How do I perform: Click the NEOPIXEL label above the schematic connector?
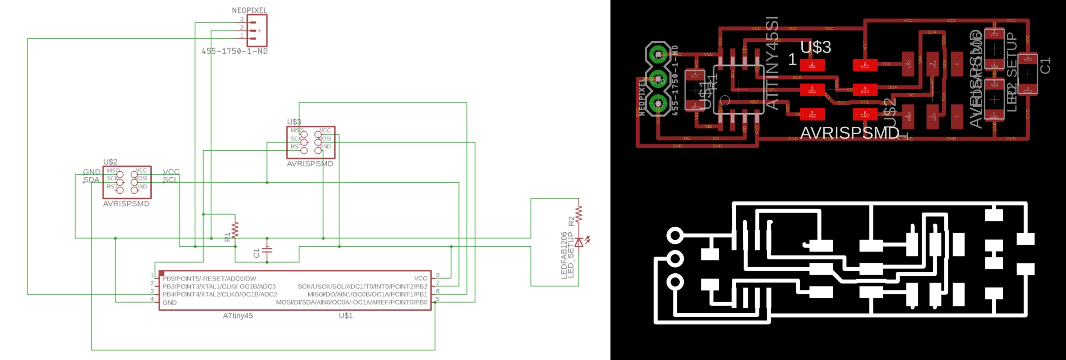pyautogui.click(x=249, y=10)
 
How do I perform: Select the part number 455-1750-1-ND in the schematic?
pyautogui.click(x=234, y=51)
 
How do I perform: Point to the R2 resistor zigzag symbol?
pyautogui.click(x=578, y=214)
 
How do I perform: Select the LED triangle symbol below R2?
pyautogui.click(x=579, y=242)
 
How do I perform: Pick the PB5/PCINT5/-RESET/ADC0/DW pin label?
pyautogui.click(x=209, y=279)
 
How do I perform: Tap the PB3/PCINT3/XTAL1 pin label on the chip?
pyautogui.click(x=219, y=286)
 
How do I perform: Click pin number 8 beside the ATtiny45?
pyautogui.click(x=438, y=275)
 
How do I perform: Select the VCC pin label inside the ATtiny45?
pyautogui.click(x=420, y=279)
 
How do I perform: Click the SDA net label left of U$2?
pyautogui.click(x=91, y=179)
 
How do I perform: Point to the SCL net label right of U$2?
pyautogui.click(x=170, y=179)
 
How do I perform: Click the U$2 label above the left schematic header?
pyautogui.click(x=110, y=162)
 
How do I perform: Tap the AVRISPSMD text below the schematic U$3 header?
pyautogui.click(x=310, y=164)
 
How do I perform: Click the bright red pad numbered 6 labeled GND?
pyautogui.click(x=865, y=114)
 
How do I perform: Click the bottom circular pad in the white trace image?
pyautogui.click(x=674, y=282)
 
